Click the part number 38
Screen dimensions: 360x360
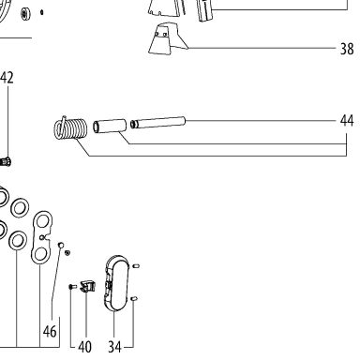point(347,49)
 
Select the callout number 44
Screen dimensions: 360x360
point(347,121)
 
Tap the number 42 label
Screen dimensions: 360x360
point(7,78)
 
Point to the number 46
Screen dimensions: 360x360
point(50,331)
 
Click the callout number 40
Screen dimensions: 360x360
point(84,347)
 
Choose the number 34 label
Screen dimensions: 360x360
point(114,347)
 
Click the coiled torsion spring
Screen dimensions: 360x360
point(70,127)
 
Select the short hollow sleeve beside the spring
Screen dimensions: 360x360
point(110,127)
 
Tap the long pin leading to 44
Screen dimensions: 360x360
point(157,122)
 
